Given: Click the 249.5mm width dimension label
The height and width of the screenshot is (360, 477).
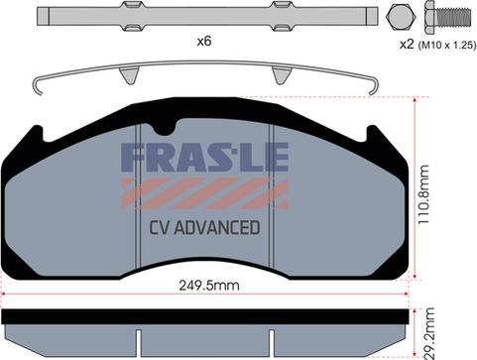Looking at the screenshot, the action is point(209,286).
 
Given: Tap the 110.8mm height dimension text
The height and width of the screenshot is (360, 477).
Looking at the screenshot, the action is point(423,194).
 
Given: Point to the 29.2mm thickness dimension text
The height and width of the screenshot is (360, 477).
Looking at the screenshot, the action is point(430,333).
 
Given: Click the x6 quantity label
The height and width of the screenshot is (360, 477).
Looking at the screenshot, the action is point(204,42).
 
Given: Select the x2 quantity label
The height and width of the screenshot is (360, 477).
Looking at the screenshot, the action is point(407,45).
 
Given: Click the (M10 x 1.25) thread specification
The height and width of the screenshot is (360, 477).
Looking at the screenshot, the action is point(447,45).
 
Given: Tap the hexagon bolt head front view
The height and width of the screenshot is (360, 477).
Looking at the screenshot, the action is point(401,17).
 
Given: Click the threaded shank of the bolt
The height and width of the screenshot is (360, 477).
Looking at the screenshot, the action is point(454,17).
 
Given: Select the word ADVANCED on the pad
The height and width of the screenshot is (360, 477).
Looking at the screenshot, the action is point(217,227).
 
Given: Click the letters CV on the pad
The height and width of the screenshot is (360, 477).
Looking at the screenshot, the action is point(160,227).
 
